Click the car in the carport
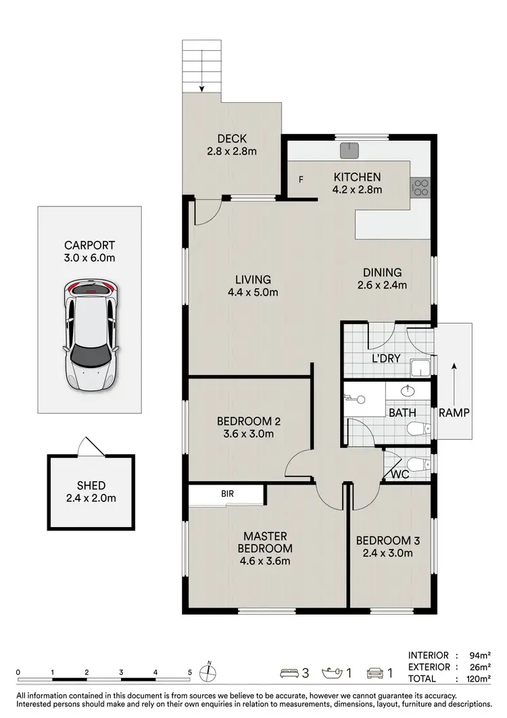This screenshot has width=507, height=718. click(91, 336)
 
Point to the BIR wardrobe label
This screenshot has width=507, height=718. click(228, 495)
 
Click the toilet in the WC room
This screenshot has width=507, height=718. click(420, 464)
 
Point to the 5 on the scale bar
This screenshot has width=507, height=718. click(190, 672)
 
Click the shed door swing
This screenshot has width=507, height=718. click(90, 447)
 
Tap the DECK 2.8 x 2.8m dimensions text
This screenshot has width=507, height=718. click(232, 152)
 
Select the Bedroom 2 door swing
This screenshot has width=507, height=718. click(299, 467)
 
